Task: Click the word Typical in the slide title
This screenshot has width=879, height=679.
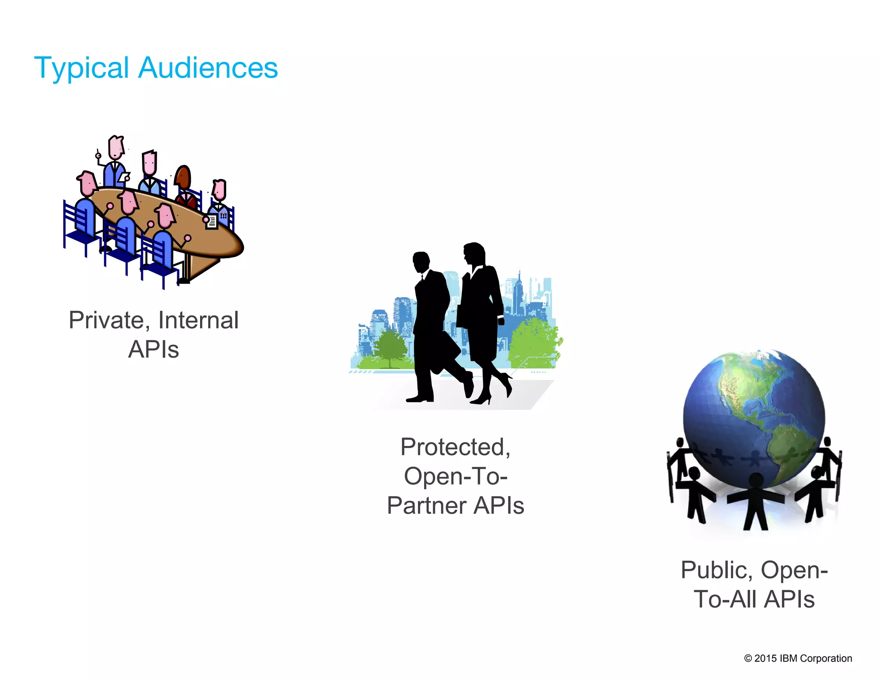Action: (81, 68)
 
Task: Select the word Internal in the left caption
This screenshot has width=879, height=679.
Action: (198, 320)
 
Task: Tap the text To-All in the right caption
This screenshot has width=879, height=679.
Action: (725, 599)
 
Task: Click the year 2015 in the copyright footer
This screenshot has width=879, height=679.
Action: (765, 658)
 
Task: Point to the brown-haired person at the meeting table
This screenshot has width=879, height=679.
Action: (184, 178)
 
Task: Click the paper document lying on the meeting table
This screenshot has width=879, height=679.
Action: (211, 222)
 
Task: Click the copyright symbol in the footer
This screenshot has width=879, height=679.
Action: (748, 658)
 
